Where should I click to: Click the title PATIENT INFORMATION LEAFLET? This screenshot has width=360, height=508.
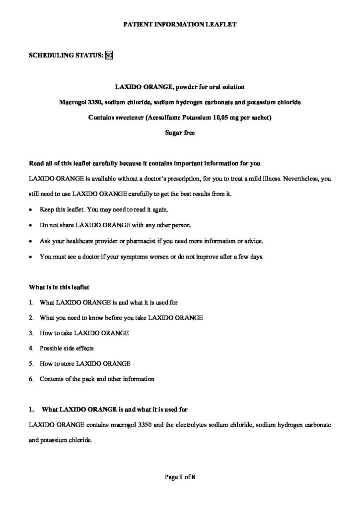click(x=180, y=24)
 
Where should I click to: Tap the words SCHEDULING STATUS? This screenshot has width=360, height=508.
click(x=67, y=56)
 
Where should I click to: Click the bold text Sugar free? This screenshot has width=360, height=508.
click(x=180, y=133)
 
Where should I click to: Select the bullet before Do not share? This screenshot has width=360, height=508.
click(x=31, y=225)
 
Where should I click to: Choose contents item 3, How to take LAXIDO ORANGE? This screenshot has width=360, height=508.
click(x=84, y=333)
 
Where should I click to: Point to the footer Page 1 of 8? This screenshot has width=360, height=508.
click(x=180, y=478)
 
